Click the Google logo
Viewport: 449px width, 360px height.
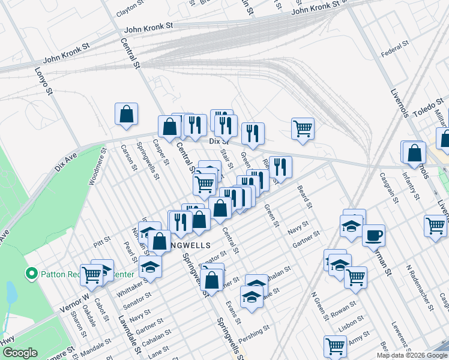point(19,353)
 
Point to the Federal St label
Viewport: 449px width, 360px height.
point(394,44)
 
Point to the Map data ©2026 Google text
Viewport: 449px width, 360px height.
point(411,355)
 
